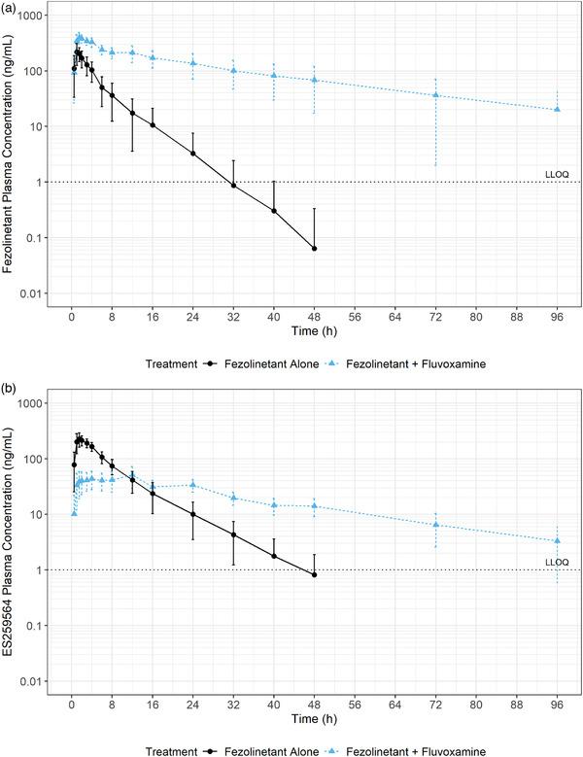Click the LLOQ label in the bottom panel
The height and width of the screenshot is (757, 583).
click(x=556, y=562)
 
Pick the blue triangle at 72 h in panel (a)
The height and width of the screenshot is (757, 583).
click(x=435, y=94)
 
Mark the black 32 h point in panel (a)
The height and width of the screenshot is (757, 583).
click(x=233, y=185)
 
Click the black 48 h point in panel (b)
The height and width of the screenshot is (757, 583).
click(x=314, y=575)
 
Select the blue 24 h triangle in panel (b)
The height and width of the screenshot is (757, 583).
click(x=192, y=485)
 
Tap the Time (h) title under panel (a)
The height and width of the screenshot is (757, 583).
click(x=314, y=332)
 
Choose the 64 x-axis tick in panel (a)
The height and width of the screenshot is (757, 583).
click(x=394, y=317)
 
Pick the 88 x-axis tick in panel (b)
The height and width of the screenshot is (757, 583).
click(x=516, y=705)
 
